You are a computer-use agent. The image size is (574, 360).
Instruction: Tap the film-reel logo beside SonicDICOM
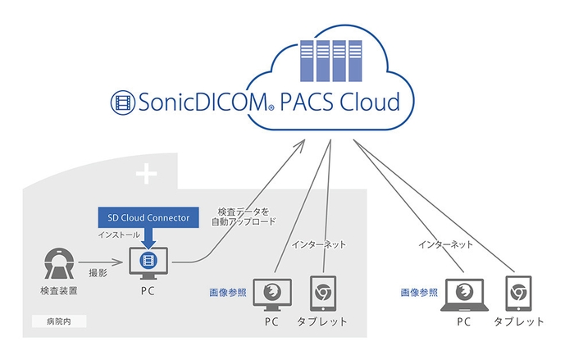(124, 103)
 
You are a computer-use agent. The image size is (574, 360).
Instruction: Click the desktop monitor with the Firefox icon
(271, 293)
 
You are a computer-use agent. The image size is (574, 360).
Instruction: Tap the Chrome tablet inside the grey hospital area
(323, 292)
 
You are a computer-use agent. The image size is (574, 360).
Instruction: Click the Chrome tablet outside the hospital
(517, 293)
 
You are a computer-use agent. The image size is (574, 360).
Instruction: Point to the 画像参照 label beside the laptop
(417, 291)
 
